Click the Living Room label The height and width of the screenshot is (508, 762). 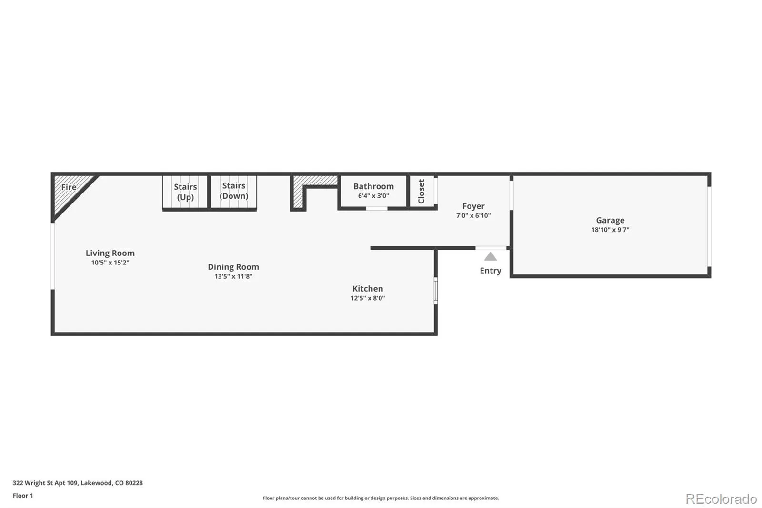110,253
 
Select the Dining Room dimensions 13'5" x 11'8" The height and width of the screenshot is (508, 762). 233,276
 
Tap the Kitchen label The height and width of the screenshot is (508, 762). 367,288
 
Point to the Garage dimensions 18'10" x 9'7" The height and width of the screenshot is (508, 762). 610,230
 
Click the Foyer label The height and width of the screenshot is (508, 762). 473,206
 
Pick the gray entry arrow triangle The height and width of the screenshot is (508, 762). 491,257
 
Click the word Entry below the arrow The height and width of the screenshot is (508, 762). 490,271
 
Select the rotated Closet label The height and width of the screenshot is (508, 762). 421,191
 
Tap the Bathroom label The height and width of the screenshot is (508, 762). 373,186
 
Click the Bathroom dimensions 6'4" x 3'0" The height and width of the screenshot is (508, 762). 373,196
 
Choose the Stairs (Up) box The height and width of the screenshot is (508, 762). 185,192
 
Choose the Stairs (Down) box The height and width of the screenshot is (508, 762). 233,191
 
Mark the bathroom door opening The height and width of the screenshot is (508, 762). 376,208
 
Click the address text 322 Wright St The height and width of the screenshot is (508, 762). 78,483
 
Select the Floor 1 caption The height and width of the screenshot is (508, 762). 23,496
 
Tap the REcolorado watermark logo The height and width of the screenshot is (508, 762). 721,499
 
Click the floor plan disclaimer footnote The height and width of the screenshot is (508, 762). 381,498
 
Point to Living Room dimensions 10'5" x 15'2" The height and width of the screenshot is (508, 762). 110,263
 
